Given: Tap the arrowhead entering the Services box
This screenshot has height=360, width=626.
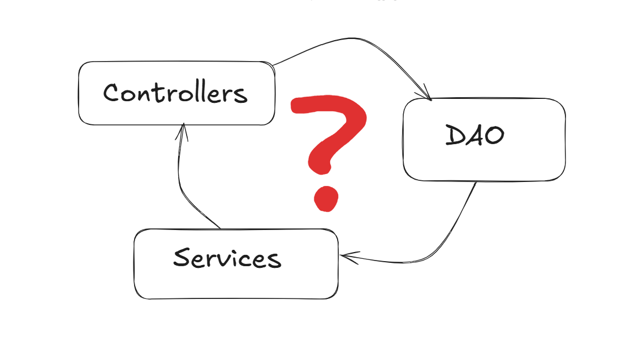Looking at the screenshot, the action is coord(346,257).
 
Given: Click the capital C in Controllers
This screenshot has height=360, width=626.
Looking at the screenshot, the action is coord(112,92).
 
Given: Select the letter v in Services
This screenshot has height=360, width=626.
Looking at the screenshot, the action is coord(226,260).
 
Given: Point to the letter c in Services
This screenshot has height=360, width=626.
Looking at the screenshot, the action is coord(249,261).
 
